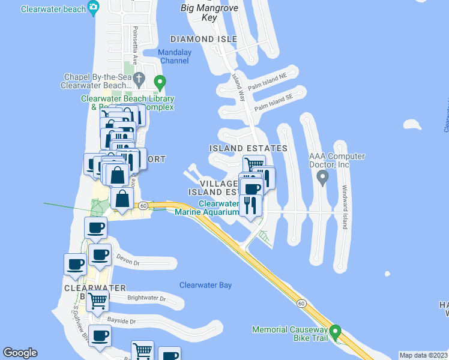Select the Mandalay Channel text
coord(174,56)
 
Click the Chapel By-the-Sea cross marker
coord(139,78)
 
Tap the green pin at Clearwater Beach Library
coord(159,81)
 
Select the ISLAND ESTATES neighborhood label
coord(248,148)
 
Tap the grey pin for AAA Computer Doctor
coord(322,177)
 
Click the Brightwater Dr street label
coord(146,298)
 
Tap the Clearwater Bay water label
coord(205,285)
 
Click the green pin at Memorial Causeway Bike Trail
coord(336,331)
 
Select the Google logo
coord(20,353)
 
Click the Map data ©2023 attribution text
coord(423,355)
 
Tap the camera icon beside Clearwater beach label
coord(93,8)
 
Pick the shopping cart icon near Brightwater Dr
coord(97,301)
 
